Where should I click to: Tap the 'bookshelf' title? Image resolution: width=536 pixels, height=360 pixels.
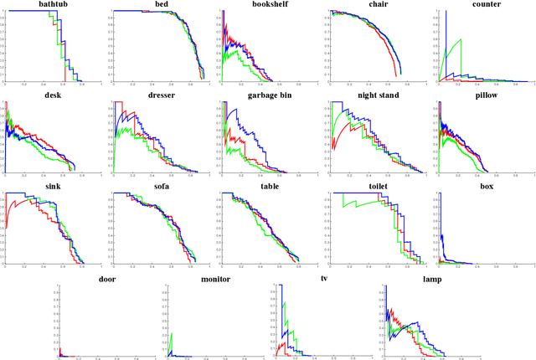pyautogui.click(x=271, y=5)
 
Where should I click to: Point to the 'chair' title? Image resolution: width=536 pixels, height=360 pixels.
pyautogui.click(x=377, y=5)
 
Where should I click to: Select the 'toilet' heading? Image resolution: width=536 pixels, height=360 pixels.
pyautogui.click(x=377, y=187)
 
